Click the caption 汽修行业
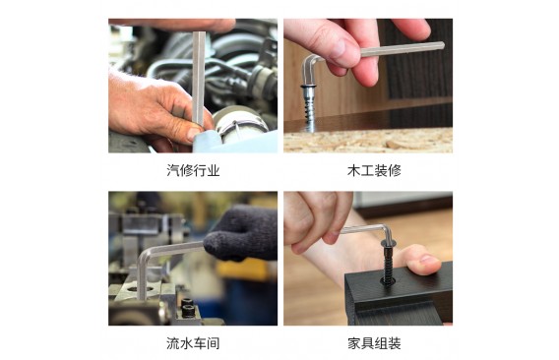[193, 170]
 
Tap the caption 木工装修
[374, 170]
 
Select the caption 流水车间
[193, 343]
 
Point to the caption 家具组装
[374, 343]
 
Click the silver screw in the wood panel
[308, 107]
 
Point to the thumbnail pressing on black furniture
[429, 261]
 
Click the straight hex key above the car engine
[198, 79]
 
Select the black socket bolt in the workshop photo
[188, 308]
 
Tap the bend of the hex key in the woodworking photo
[309, 60]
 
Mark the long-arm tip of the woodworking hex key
[443, 45]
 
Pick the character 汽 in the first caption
[173, 170]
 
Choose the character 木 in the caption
[354, 170]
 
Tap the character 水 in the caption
[186, 343]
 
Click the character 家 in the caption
[354, 343]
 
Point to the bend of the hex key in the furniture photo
[386, 229]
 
